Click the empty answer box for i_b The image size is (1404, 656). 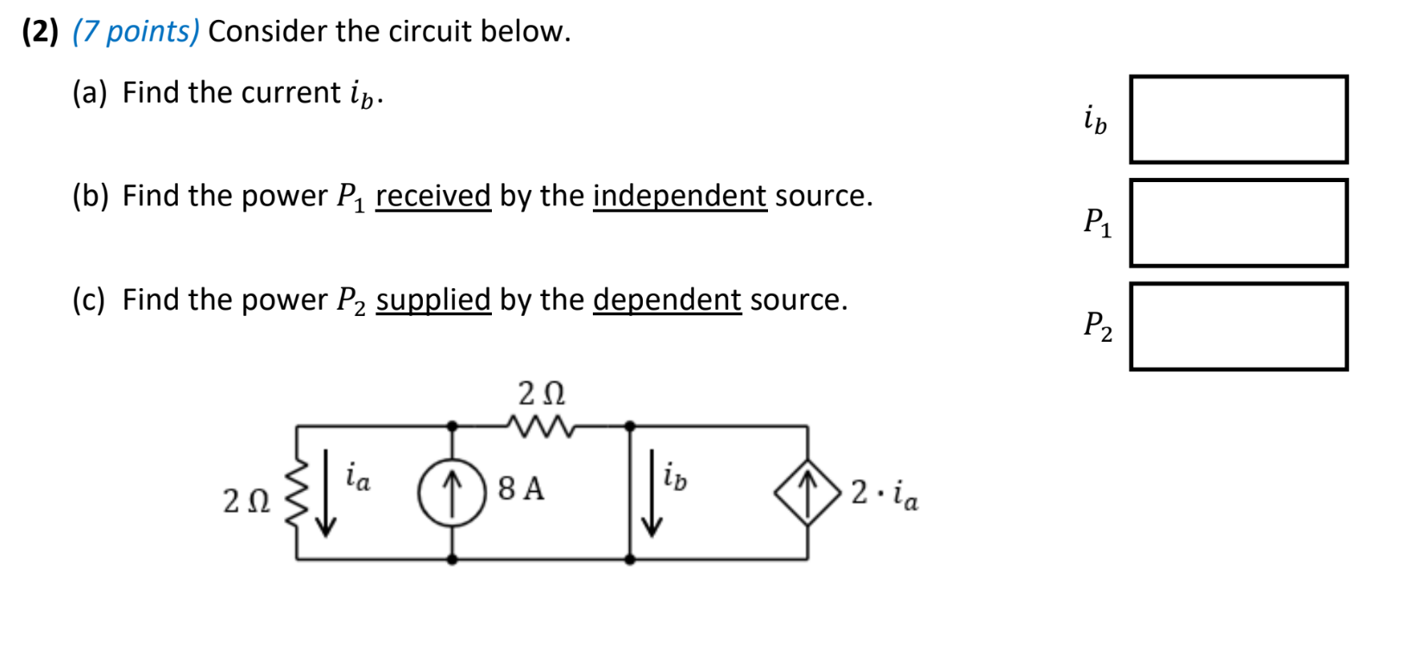click(x=1238, y=119)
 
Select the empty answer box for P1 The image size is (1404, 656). click(x=1238, y=223)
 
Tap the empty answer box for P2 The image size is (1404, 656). click(x=1238, y=326)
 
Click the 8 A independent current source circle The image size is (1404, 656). click(x=452, y=492)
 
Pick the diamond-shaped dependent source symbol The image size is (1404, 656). click(x=807, y=493)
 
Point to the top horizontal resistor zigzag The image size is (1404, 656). click(x=540, y=426)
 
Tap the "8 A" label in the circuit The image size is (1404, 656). click(x=521, y=489)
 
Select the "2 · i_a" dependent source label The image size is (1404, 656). click(x=885, y=493)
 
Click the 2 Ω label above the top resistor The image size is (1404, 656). click(x=541, y=394)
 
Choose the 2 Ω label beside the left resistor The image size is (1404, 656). click(x=246, y=501)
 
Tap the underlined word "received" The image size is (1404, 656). click(x=433, y=196)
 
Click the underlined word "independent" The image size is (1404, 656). click(x=679, y=196)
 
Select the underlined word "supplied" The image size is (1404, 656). click(x=433, y=300)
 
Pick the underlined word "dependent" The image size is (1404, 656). click(x=666, y=300)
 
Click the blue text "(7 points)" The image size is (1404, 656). click(x=136, y=31)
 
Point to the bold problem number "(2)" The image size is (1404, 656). click(x=40, y=31)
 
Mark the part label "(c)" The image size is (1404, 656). click(x=89, y=300)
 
